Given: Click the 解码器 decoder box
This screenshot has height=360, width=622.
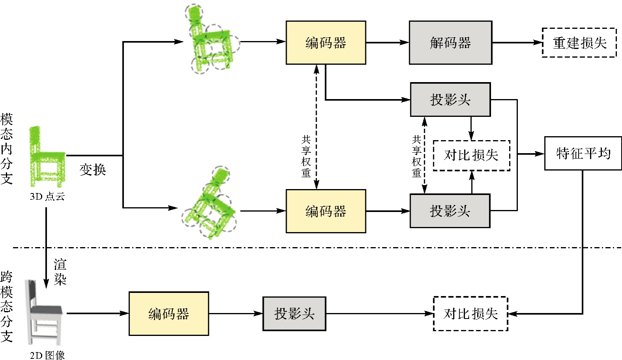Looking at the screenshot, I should pyautogui.click(x=450, y=43).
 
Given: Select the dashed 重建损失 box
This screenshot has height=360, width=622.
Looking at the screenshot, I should pyautogui.click(x=579, y=43).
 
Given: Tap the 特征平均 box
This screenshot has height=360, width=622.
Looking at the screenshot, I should pyautogui.click(x=583, y=154).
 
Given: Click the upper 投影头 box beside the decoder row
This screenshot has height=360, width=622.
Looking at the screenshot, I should pyautogui.click(x=450, y=99).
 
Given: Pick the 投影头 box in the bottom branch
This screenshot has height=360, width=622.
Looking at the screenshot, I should pyautogui.click(x=294, y=314).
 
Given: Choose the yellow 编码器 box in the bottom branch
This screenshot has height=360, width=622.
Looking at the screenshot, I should pyautogui.click(x=168, y=314).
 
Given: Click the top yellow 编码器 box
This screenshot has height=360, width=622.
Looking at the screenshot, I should pyautogui.click(x=325, y=43).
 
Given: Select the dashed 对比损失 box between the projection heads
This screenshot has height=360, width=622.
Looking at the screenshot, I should pyautogui.click(x=471, y=156).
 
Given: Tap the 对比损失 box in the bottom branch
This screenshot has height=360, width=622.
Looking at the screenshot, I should pyautogui.click(x=470, y=314).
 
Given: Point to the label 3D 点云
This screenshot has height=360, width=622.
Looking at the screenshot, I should pyautogui.click(x=47, y=197).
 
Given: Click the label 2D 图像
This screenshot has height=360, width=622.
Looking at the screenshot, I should pyautogui.click(x=47, y=355).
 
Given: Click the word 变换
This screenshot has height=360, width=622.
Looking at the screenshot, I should pyautogui.click(x=93, y=170).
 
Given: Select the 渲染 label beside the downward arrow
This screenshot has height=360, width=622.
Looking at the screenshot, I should pyautogui.click(x=60, y=272).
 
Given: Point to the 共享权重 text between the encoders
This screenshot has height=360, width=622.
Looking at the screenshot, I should pyautogui.click(x=306, y=157).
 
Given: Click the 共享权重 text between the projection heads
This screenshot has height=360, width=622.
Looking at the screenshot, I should pyautogui.click(x=417, y=157).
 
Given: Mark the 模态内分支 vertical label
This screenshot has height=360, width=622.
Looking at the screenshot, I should pyautogui.click(x=7, y=149).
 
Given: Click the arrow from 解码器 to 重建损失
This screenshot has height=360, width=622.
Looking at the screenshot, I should pyautogui.click(x=517, y=43).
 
